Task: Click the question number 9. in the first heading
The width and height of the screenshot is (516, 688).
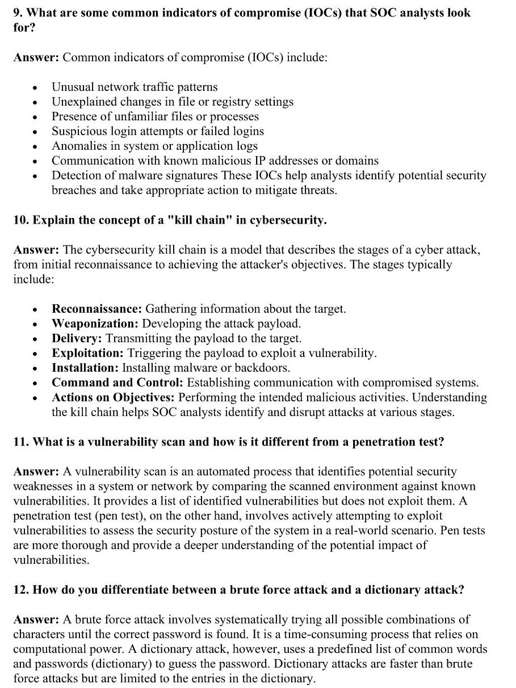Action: (18, 12)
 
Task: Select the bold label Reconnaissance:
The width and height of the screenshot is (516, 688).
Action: (97, 309)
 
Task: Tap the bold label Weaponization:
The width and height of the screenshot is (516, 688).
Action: (95, 324)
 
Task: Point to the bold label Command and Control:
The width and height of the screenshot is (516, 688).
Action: (118, 383)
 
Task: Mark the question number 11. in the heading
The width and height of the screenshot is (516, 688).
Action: (21, 442)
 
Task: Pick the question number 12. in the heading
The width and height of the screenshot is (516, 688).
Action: (21, 589)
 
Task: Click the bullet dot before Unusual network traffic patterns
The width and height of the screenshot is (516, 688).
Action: (35, 87)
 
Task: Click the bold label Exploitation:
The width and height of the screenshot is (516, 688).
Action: (87, 353)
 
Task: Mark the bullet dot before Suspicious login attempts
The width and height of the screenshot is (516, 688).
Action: (35, 132)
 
